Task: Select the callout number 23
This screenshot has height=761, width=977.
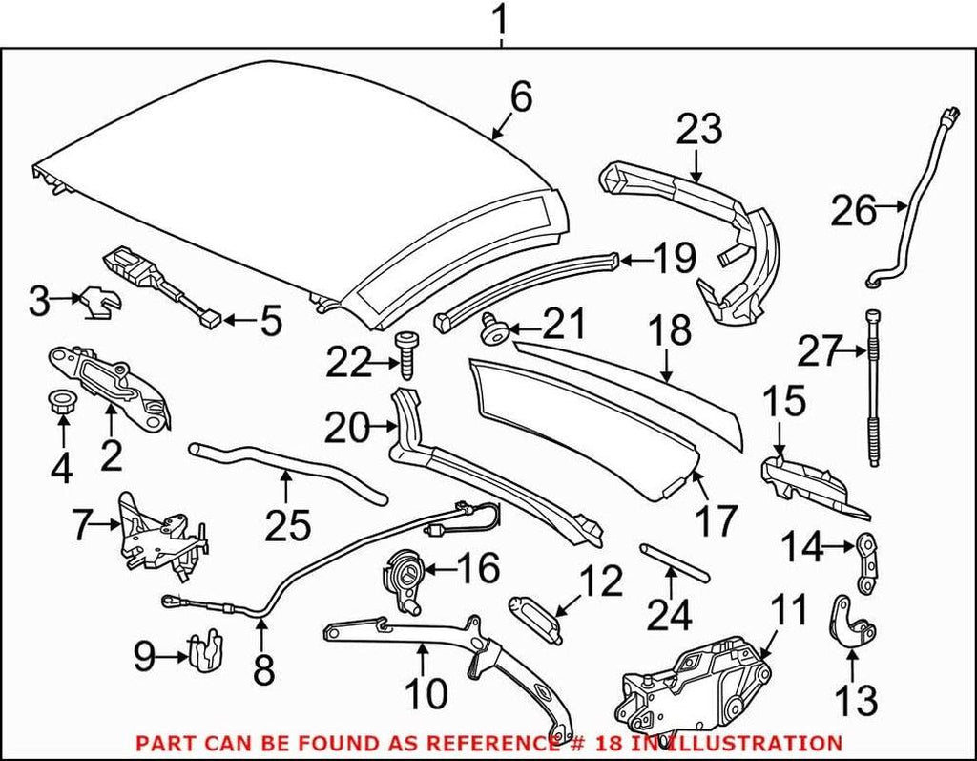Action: [699, 130]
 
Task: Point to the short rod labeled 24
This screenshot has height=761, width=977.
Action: [674, 562]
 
